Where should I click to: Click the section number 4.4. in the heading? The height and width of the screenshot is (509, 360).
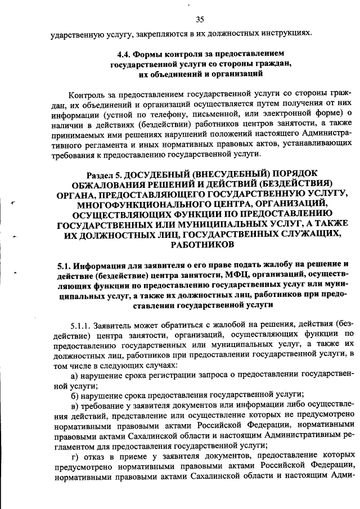pyautogui.click(x=124, y=55)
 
